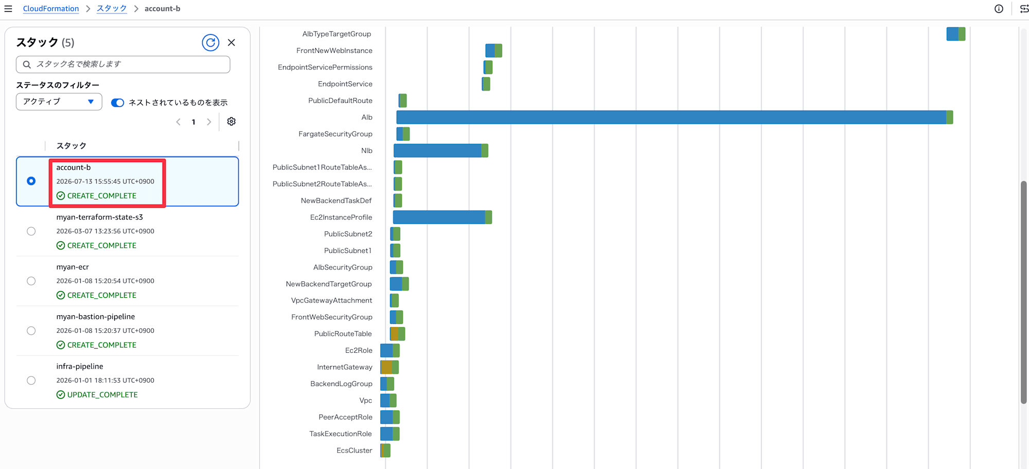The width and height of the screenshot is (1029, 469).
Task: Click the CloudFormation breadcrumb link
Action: tap(51, 9)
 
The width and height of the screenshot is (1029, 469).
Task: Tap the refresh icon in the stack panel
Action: tap(210, 43)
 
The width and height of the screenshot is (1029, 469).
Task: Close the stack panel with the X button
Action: tap(232, 43)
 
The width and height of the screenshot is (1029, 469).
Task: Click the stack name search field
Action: tap(123, 64)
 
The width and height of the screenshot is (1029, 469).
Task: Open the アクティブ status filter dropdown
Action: tap(59, 102)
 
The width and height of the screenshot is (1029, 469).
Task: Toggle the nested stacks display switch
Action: tap(118, 102)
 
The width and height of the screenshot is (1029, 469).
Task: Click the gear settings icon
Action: tap(232, 121)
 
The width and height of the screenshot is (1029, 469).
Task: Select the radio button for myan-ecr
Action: tap(31, 281)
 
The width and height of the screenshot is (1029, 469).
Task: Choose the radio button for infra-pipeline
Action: tap(31, 381)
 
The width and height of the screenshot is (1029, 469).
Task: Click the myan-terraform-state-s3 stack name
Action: tap(100, 217)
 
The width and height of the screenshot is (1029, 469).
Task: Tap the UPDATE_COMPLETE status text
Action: tap(102, 395)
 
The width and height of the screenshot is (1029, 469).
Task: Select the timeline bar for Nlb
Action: tap(441, 151)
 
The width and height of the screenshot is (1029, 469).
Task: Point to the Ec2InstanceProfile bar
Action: tap(442, 217)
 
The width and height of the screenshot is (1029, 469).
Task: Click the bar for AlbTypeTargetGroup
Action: tap(956, 34)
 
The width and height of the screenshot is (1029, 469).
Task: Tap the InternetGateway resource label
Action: tap(345, 367)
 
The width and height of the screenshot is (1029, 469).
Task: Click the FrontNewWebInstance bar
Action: tap(494, 50)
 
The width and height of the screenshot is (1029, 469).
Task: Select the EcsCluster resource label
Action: tap(354, 450)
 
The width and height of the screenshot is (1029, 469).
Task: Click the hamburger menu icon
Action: tap(8, 9)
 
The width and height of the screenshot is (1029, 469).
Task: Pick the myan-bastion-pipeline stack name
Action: tap(96, 317)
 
